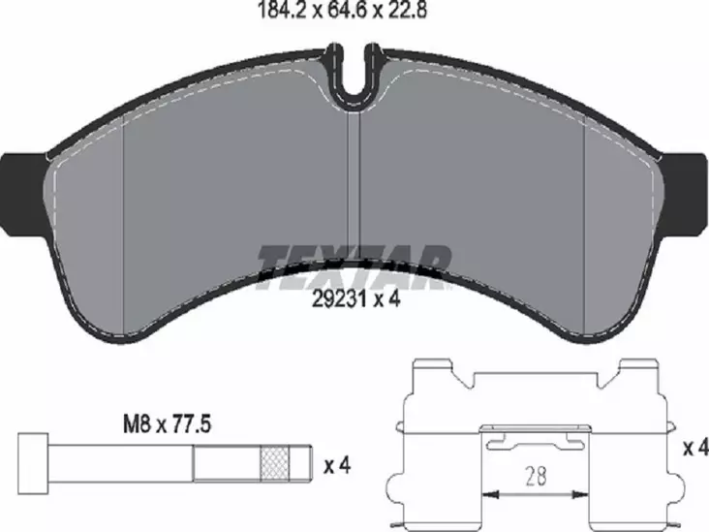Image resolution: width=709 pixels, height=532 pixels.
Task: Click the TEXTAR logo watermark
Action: click(354, 265)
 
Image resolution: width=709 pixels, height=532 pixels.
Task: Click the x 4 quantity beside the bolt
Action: click(335, 466)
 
